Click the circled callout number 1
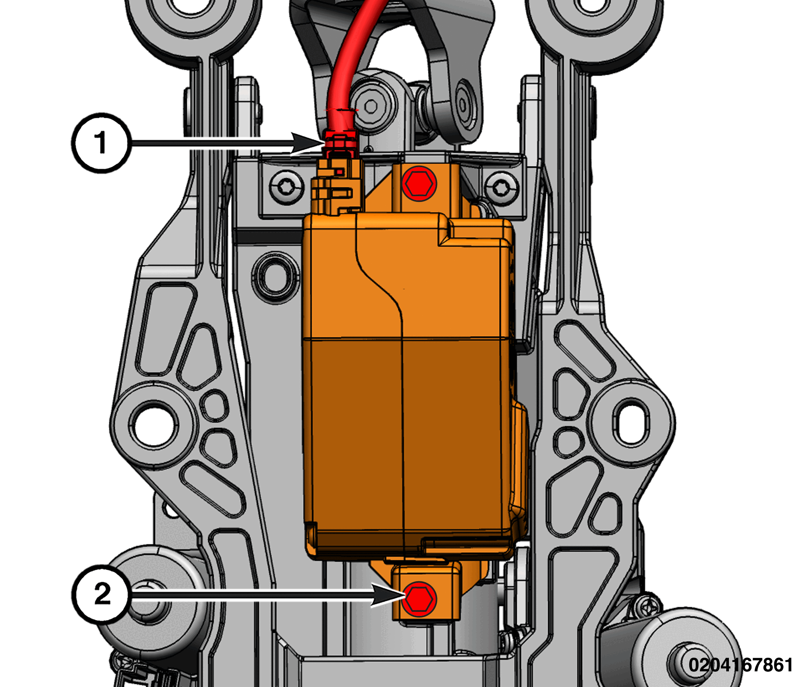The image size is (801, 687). (x=101, y=143)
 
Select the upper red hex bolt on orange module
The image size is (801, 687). (x=419, y=184)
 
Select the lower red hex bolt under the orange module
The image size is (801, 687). (x=419, y=598)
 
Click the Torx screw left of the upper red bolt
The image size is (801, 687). (x=286, y=188)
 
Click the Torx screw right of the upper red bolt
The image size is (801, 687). (x=502, y=189)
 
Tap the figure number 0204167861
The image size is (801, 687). (x=740, y=664)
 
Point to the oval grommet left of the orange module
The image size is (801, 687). (x=275, y=277)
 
